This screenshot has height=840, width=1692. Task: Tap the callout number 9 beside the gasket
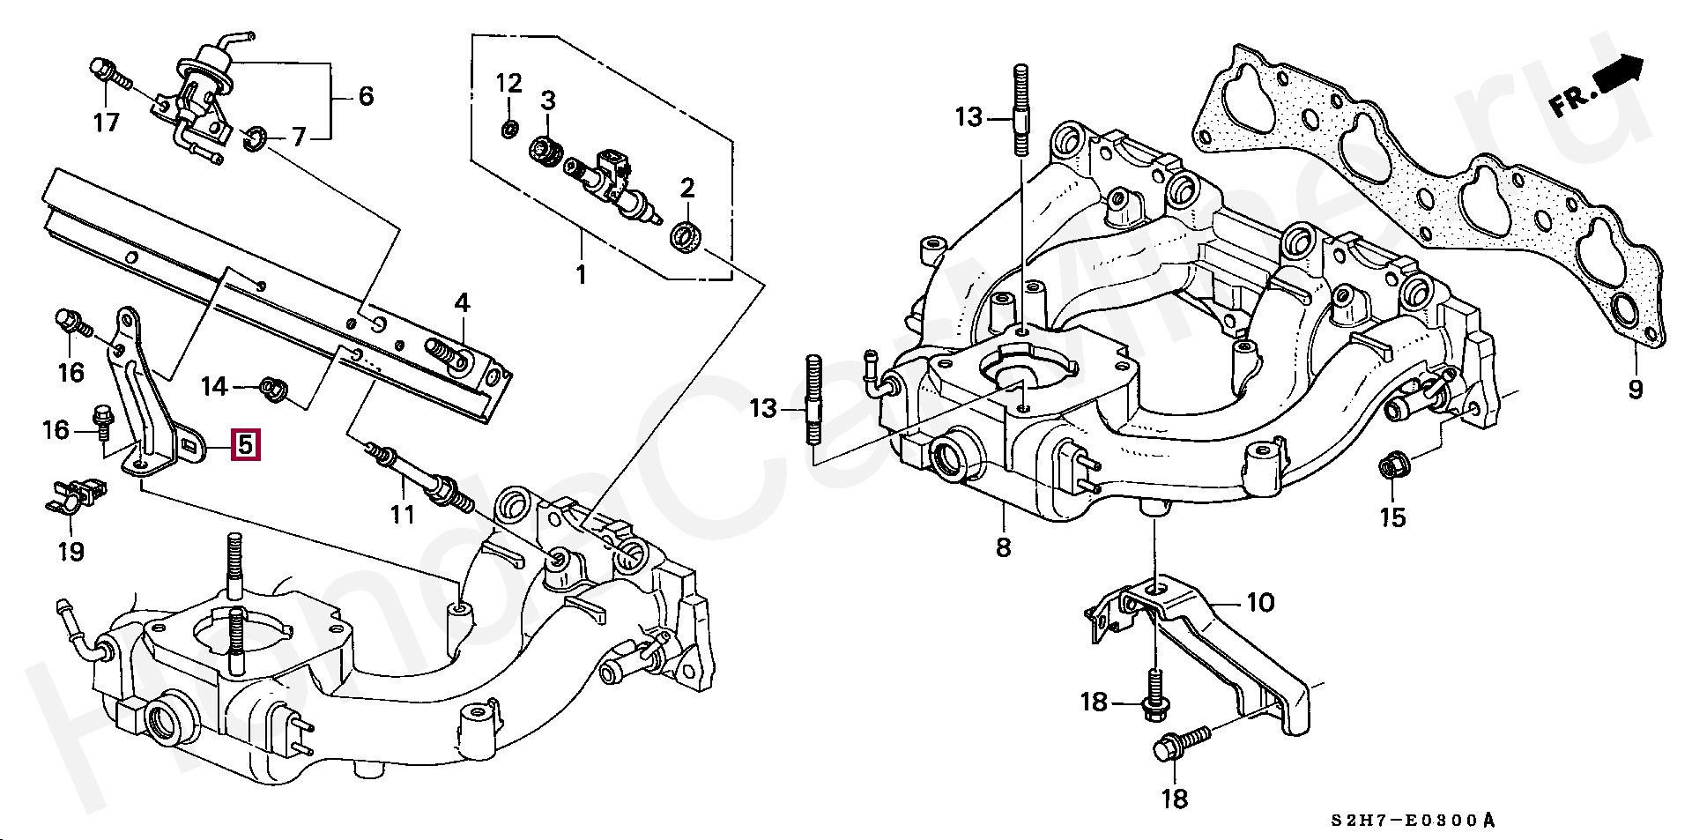pyautogui.click(x=1636, y=389)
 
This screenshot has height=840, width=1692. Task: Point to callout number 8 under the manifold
pyautogui.click(x=1003, y=547)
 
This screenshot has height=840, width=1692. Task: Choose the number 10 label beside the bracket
pyautogui.click(x=1260, y=603)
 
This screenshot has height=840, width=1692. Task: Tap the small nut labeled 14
pyautogui.click(x=275, y=386)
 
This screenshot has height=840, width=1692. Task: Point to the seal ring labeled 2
pyautogui.click(x=686, y=237)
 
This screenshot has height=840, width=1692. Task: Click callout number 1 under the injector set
pyautogui.click(x=581, y=275)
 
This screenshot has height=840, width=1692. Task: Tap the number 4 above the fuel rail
pyautogui.click(x=462, y=304)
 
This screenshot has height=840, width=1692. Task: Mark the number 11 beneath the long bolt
pyautogui.click(x=402, y=513)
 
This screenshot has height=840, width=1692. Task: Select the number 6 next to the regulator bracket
pyautogui.click(x=366, y=95)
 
